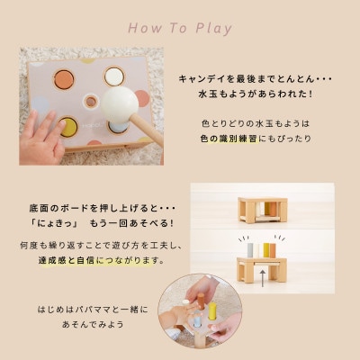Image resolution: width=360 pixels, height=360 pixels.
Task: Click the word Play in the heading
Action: point(214,28)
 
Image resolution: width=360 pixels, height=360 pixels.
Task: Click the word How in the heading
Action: point(145,28)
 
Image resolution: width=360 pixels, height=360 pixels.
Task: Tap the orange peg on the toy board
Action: point(64,79)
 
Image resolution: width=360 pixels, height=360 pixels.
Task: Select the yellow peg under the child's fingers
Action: point(68,127)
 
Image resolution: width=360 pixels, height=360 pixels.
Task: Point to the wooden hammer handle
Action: point(146,130)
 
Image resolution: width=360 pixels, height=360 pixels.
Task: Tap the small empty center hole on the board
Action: point(91,102)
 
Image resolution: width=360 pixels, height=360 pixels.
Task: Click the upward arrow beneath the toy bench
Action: point(263,278)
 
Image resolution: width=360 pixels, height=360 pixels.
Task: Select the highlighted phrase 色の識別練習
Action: point(229,139)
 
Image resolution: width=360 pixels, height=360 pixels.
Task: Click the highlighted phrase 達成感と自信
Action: point(66,260)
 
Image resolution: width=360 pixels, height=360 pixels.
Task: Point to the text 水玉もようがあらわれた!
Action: point(256,94)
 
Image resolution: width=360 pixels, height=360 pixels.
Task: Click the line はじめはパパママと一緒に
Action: point(93,310)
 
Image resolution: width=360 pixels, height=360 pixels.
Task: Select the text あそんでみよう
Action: point(93,324)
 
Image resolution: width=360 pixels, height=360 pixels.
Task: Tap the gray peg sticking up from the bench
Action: point(250,250)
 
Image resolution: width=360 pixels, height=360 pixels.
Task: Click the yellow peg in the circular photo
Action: point(212,311)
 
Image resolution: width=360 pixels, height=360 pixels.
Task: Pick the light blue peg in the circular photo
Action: point(197,321)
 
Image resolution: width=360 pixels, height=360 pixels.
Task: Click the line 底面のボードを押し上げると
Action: point(102,209)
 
